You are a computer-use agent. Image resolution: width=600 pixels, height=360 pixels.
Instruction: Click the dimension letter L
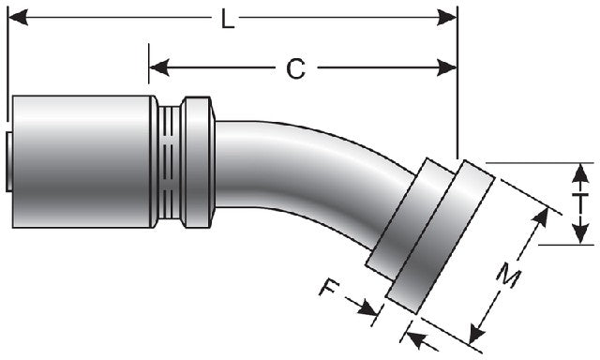pyautogui.click(x=228, y=19)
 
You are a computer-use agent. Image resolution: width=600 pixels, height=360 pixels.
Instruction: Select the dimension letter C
pyautogui.click(x=294, y=67)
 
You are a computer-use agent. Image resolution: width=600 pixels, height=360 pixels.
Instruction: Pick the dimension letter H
pyautogui.click(x=582, y=202)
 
